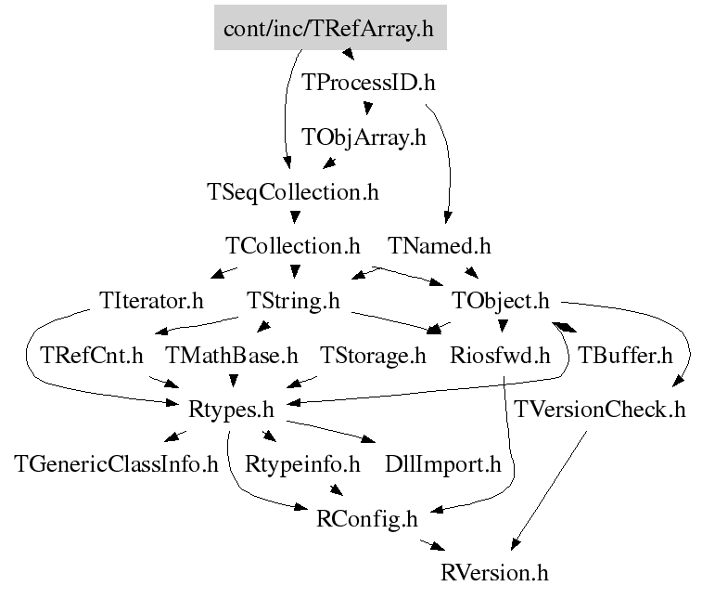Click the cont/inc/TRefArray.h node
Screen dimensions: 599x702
(330, 29)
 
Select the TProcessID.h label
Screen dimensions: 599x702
(369, 83)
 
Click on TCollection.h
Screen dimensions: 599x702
(293, 247)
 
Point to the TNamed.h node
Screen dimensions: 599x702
(440, 247)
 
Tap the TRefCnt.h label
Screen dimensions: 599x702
(92, 355)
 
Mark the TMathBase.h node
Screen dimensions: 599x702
(232, 355)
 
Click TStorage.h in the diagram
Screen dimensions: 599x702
(373, 355)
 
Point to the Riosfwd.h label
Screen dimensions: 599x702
(500, 355)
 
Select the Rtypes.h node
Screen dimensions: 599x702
(229, 409)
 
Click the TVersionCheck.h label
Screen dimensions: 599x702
(601, 410)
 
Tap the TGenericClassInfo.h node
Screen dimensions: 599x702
(116, 463)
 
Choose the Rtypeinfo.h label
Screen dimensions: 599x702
(302, 463)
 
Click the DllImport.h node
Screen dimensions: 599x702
(442, 463)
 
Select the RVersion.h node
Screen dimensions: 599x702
(494, 572)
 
